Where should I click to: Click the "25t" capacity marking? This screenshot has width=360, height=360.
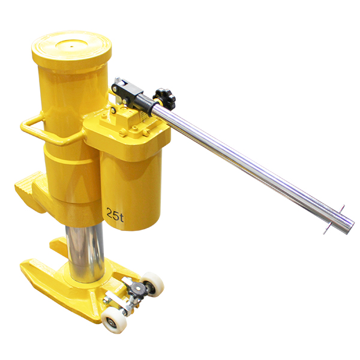point(115,215)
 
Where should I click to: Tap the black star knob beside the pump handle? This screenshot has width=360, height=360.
point(164,98)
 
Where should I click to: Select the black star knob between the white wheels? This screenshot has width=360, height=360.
point(137,290)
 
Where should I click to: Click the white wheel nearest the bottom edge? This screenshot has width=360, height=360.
point(114,319)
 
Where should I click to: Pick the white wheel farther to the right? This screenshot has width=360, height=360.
point(152,284)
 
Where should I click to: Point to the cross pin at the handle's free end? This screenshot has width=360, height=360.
point(334,220)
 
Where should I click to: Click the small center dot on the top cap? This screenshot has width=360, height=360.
point(71,46)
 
